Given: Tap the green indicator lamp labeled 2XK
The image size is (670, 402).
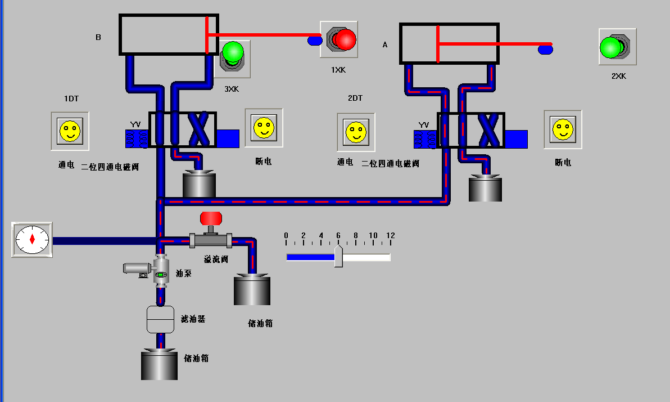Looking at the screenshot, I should click(x=610, y=47).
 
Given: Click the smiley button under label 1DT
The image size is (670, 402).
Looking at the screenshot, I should click(x=70, y=131).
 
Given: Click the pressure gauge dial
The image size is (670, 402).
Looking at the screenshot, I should click(x=32, y=239).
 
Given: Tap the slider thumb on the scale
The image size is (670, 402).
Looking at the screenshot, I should click(x=338, y=256).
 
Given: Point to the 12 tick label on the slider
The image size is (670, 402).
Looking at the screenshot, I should click(x=390, y=235).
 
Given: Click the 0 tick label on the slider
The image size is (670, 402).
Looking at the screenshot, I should click(x=286, y=235).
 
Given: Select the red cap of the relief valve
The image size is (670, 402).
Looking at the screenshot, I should click(x=211, y=218).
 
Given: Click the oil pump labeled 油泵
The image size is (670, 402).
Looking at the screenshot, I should click(x=161, y=273).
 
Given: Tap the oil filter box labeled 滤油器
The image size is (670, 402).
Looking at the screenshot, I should click(x=161, y=319).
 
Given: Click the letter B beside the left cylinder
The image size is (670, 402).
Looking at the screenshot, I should click(x=98, y=38).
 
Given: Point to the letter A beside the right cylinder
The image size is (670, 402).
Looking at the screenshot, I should click(x=385, y=44).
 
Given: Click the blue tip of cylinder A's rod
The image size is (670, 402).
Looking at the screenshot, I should click(x=545, y=50).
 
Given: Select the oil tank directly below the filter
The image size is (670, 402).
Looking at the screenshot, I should click(x=159, y=365).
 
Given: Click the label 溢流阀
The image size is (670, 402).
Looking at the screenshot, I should click(x=216, y=260).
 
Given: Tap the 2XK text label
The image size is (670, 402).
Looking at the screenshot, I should click(x=618, y=76).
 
